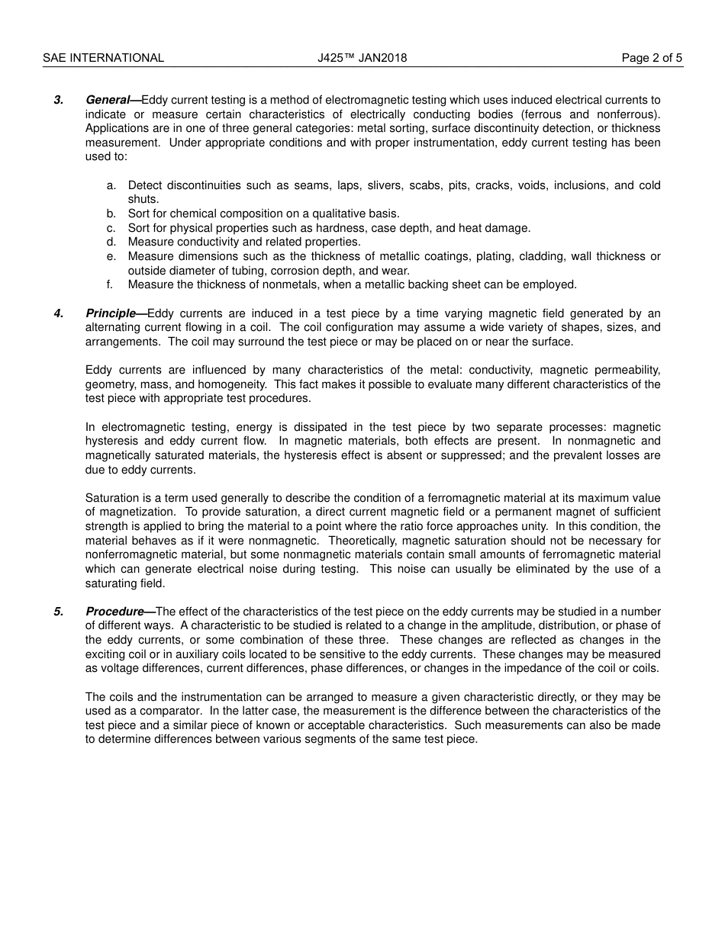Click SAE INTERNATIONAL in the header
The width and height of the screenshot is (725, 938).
click(x=103, y=58)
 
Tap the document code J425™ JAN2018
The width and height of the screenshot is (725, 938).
click(x=362, y=58)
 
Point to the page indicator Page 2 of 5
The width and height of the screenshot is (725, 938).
click(x=652, y=58)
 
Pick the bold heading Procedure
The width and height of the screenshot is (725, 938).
click(x=114, y=612)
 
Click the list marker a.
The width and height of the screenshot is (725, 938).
click(x=111, y=185)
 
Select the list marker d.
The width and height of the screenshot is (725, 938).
click(x=111, y=242)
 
